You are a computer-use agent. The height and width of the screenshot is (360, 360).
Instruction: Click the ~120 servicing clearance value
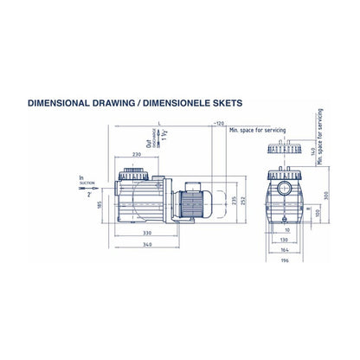[217, 124]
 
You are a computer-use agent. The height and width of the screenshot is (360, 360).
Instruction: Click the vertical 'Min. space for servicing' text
[319, 138]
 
